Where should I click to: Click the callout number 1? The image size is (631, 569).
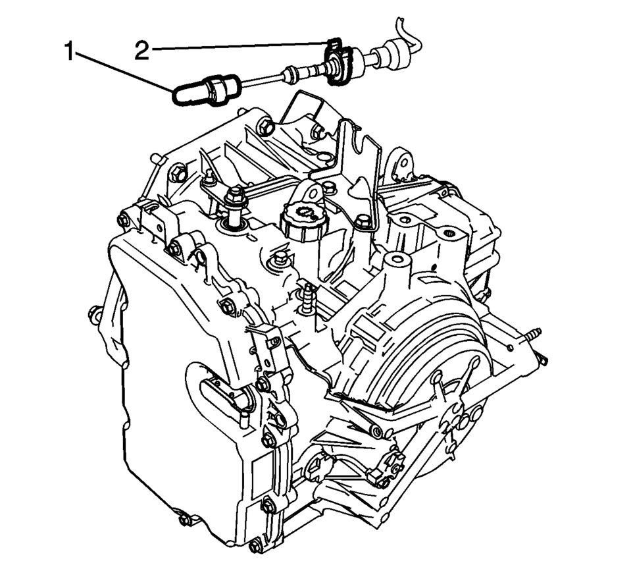pyautogui.click(x=70, y=52)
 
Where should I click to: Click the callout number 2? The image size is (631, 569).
pyautogui.click(x=141, y=51)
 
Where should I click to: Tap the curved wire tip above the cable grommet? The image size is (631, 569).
pyautogui.click(x=409, y=30)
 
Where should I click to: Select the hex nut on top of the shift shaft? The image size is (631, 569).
pyautogui.click(x=236, y=198)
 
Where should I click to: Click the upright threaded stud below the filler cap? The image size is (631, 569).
pyautogui.click(x=307, y=300)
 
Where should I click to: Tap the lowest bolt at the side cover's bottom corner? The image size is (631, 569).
pyautogui.click(x=255, y=547)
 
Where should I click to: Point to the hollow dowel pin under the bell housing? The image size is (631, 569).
pyautogui.click(x=378, y=432)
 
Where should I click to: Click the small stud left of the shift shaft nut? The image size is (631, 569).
pyautogui.click(x=209, y=176)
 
